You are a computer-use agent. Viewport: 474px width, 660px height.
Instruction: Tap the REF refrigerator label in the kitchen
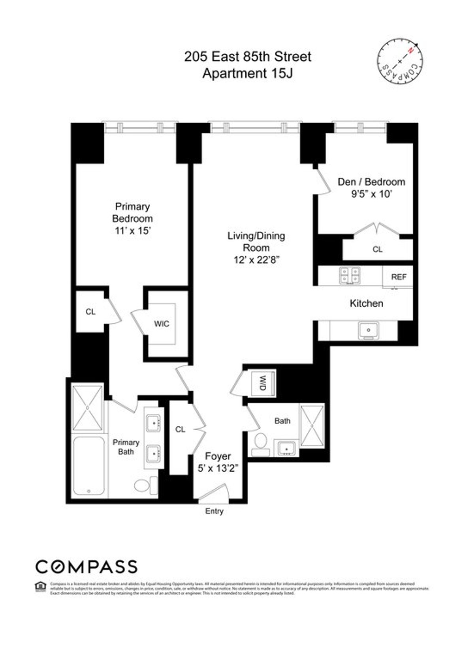coord(399,277)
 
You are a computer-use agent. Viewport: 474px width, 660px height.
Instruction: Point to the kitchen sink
coord(369,330)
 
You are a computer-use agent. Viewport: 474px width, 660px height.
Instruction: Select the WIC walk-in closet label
coord(162,324)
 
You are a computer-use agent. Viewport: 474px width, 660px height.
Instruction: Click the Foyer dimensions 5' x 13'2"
coord(218,468)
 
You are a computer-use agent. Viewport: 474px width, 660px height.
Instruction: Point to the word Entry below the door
coord(214,511)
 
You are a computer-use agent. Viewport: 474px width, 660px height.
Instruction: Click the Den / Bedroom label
coord(371,182)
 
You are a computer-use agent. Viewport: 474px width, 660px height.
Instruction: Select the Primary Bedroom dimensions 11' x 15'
coord(132,231)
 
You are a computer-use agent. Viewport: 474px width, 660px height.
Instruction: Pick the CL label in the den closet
coord(378,249)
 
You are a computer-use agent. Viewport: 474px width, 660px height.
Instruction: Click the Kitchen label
coord(367,303)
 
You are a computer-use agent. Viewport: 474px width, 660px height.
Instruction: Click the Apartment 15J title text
coord(248,73)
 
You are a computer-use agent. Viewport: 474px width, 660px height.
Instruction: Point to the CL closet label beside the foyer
coord(180,429)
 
